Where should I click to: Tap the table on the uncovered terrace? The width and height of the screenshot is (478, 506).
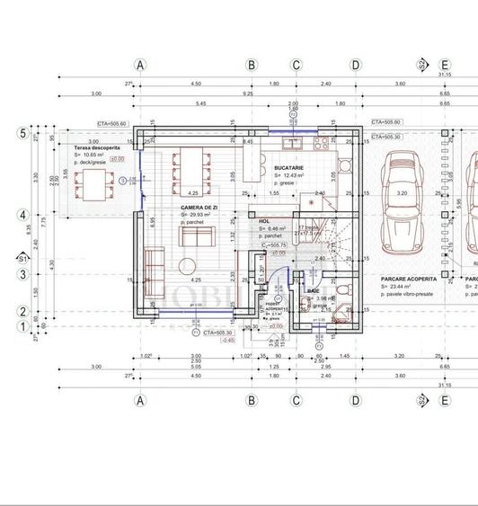92,185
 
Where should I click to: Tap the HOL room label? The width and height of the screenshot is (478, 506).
264,220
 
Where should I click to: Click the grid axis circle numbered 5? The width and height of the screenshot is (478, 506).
22,133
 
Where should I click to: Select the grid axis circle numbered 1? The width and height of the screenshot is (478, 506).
22,327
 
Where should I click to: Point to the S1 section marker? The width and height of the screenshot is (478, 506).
22,259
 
